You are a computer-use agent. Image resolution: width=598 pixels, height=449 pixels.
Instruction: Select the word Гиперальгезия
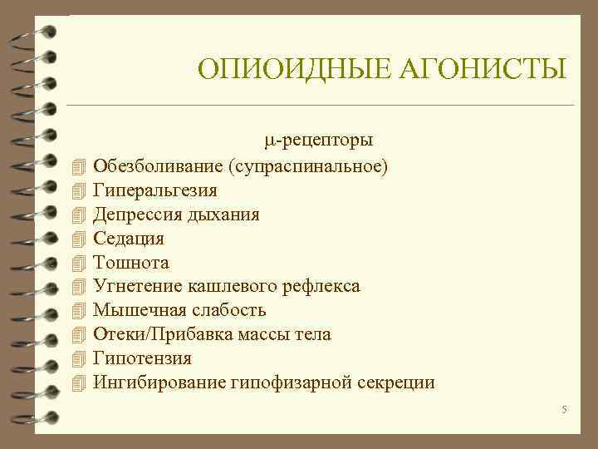coord(155,190)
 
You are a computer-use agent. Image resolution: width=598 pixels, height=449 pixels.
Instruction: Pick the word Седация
coord(129,239)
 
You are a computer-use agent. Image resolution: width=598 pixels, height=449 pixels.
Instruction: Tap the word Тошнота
coord(131,263)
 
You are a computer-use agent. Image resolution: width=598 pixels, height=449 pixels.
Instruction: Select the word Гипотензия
coord(143,358)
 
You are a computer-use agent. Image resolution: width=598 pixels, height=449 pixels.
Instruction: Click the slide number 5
coord(563,409)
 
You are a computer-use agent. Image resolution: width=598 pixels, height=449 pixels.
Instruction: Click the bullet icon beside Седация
coord(79,239)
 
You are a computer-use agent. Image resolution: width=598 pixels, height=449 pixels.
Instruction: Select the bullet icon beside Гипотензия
coord(79,359)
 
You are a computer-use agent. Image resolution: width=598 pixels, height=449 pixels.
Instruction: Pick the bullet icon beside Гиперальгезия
coord(79,191)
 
